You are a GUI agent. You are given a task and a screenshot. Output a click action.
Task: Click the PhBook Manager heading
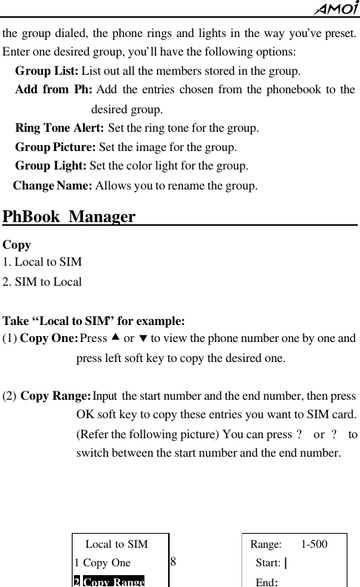pos(69,217)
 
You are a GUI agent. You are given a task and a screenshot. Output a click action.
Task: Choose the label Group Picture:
pos(56,147)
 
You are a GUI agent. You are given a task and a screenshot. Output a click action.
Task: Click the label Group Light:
pos(51,165)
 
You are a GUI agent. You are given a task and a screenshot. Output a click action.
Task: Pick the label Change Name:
pos(53,184)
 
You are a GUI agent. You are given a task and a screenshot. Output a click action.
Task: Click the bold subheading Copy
pos(16,244)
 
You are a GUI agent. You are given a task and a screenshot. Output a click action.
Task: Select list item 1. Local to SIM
pos(42,262)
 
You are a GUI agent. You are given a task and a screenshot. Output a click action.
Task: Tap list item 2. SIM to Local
pos(42,281)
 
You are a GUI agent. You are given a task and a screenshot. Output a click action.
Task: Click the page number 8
pos(173,560)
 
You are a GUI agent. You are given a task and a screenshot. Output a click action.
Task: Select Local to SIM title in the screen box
pos(116,545)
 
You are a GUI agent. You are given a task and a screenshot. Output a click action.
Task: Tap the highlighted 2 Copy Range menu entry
pos(109,580)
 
